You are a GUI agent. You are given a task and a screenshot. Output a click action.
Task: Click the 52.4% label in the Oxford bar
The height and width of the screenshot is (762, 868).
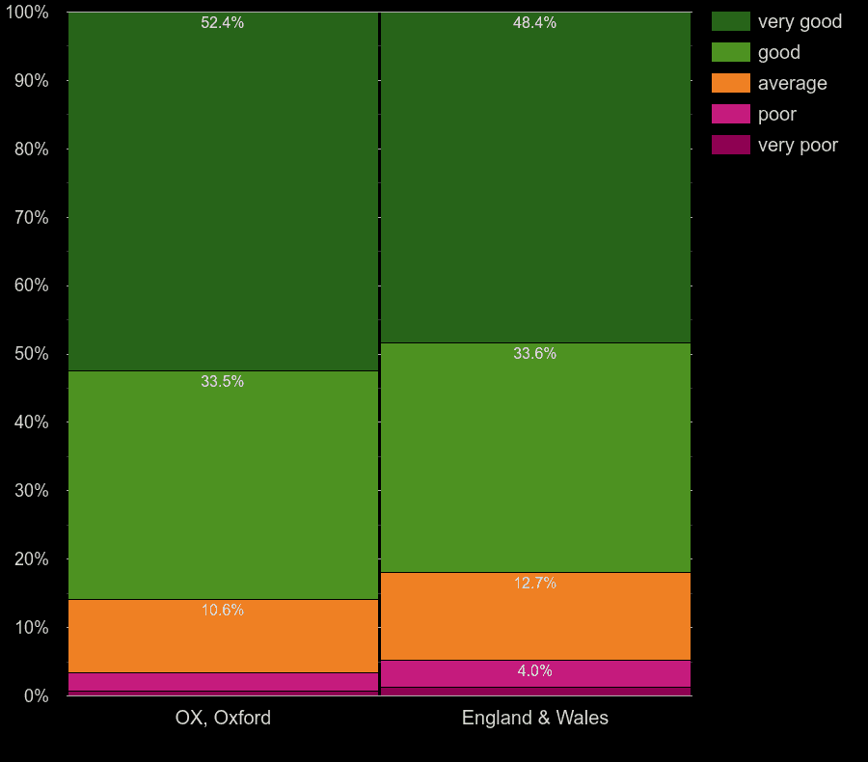222,23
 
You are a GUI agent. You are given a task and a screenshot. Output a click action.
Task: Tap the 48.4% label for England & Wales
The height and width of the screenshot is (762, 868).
534,23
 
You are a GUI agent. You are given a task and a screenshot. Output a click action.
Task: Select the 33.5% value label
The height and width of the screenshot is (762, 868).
222,382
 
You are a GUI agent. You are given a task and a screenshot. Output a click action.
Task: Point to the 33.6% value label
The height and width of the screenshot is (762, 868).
534,354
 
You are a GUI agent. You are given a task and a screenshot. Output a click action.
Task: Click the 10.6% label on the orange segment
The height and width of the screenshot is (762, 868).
222,611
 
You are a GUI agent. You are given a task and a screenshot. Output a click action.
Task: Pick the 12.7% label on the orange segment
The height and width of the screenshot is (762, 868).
534,584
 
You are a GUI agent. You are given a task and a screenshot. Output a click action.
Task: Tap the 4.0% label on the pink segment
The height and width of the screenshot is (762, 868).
534,671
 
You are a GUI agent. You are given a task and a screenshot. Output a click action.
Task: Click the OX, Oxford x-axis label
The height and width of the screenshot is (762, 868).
223,719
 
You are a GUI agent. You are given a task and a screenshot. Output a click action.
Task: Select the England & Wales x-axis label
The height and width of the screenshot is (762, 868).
534,719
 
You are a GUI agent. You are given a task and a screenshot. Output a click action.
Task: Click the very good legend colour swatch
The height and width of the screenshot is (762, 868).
730,21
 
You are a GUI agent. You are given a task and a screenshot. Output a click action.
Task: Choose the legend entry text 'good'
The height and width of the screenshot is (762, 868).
778,52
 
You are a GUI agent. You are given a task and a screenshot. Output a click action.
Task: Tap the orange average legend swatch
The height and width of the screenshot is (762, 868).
730,83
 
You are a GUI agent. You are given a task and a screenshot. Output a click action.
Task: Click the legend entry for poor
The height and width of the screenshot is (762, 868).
776,114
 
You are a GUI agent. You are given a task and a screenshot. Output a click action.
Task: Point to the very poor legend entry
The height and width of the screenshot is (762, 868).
798,145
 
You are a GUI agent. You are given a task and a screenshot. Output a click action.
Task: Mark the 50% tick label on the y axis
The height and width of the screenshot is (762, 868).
31,354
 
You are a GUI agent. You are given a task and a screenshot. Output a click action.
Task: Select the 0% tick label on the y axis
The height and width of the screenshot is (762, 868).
36,695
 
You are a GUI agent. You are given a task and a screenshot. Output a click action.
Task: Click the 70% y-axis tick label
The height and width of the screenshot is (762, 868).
31,217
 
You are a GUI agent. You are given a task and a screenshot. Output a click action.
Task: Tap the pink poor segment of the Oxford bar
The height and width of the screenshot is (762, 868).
222,682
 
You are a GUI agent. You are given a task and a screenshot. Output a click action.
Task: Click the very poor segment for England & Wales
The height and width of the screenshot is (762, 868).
534,692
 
